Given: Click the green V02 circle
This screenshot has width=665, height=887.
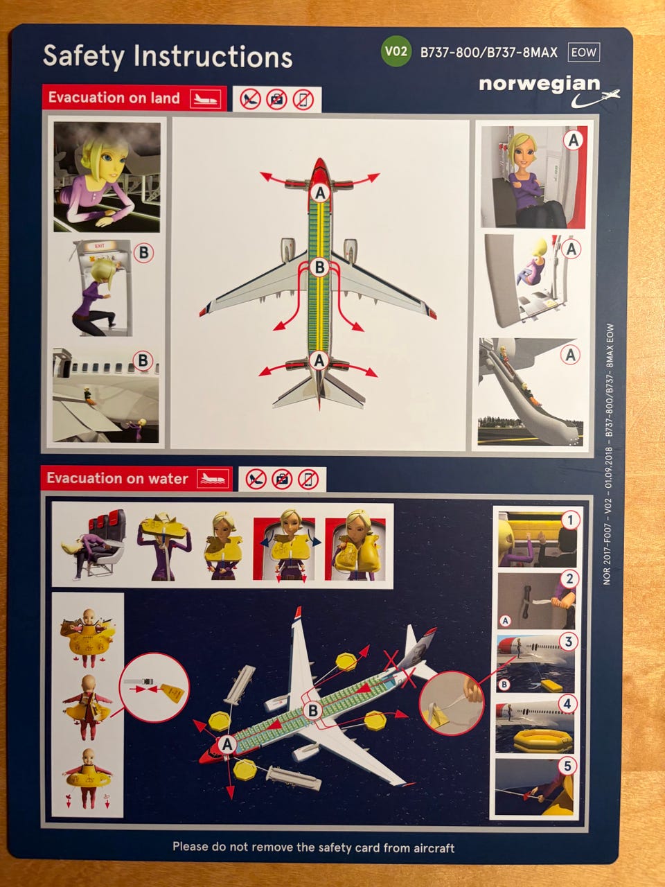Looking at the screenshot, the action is point(396,51).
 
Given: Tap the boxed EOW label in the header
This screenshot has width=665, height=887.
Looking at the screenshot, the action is point(583,53).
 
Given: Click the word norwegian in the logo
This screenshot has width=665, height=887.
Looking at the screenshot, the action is point(540,84).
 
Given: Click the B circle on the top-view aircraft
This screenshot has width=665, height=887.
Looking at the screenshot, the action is point(319,267).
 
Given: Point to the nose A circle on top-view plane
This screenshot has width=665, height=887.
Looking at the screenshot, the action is point(320,193).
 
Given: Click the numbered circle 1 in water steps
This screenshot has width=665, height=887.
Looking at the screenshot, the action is point(570,520).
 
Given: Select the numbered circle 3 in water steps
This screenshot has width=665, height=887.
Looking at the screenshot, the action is point(568,641).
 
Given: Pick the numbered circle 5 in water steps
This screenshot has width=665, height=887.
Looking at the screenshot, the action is point(567,766).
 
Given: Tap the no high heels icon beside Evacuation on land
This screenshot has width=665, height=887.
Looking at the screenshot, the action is point(250,99).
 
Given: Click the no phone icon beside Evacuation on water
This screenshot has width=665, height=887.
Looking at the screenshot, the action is point(308,480).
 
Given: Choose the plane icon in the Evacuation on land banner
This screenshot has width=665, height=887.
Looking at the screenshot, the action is point(206,98).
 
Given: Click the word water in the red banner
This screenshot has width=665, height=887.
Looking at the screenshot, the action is point(168,478).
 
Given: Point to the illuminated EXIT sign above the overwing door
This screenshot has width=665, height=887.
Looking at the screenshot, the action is point(99,246).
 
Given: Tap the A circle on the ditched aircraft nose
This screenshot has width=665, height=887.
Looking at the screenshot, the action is point(227,744).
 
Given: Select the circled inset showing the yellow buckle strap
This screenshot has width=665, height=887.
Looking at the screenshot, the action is point(154,687).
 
